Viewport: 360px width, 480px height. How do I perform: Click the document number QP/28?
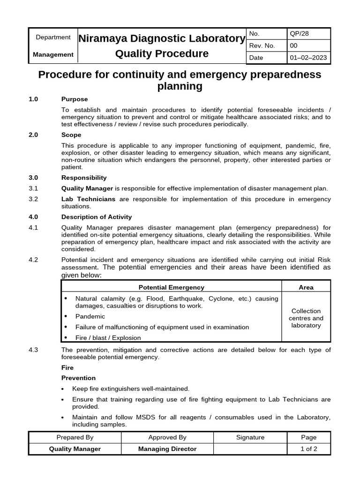[300, 34]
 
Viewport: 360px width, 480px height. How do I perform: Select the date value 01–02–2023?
[308, 58]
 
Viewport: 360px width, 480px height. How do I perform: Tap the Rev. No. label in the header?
[262, 46]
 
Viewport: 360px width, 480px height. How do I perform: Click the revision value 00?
[294, 46]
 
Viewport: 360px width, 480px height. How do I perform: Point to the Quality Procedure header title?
[162, 53]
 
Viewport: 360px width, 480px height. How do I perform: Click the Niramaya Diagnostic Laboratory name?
[162, 38]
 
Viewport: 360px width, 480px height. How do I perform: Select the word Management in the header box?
[53, 54]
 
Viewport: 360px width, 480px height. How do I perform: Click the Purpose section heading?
[75, 99]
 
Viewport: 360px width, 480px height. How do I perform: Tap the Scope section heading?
[71, 135]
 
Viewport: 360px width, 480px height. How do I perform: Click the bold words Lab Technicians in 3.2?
[88, 199]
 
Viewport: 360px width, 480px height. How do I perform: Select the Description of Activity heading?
[97, 217]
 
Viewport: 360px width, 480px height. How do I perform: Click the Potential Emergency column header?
[171, 287]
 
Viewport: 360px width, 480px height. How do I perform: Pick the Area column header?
[306, 287]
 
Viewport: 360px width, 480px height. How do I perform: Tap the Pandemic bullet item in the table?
[90, 316]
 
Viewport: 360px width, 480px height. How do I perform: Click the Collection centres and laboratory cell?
[306, 318]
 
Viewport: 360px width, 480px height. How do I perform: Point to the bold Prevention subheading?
[78, 378]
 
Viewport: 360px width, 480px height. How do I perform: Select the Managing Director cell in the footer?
[167, 449]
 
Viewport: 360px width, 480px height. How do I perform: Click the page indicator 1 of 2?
[308, 449]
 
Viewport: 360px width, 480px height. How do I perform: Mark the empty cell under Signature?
[250, 449]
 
